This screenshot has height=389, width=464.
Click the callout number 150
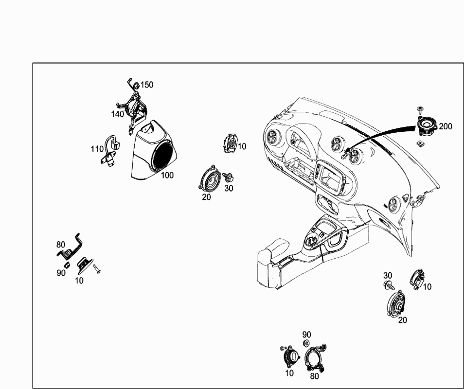pyautogui.click(x=147, y=85)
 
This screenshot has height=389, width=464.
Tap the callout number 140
pyautogui.click(x=117, y=114)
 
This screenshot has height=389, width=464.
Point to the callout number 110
pyautogui.click(x=97, y=149)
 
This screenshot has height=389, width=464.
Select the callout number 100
pyautogui.click(x=167, y=175)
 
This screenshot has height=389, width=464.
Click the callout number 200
pyautogui.click(x=445, y=126)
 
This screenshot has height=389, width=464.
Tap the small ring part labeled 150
pyautogui.click(x=136, y=86)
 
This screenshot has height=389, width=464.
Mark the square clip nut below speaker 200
pyautogui.click(x=420, y=143)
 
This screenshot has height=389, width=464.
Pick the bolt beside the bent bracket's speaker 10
pyautogui.click(x=96, y=267)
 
